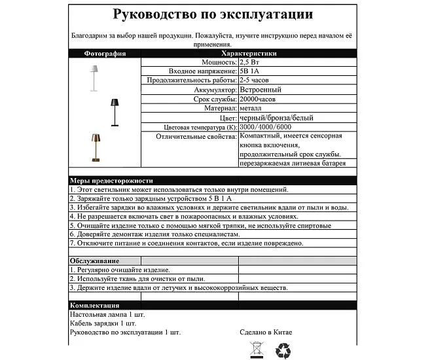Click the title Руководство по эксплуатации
(x=213, y=14)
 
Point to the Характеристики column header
(x=249, y=54)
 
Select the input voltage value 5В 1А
(x=249, y=71)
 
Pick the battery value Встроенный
(x=261, y=90)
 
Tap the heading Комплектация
(x=96, y=306)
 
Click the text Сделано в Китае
(x=266, y=333)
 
